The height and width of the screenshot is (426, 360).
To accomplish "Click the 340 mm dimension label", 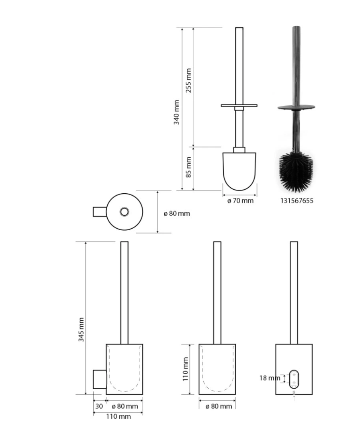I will click(176, 112).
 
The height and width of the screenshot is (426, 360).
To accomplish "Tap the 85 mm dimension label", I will click(188, 167).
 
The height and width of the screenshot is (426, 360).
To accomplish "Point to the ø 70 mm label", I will click(240, 200).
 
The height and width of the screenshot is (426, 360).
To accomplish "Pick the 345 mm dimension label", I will click(81, 329).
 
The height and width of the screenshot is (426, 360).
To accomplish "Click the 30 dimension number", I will click(99, 406).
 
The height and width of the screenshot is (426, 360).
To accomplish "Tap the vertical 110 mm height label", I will click(185, 369).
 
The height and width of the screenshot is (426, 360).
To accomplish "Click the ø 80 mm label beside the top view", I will click(177, 213).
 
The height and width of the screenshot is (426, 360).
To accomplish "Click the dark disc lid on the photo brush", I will click(296, 107).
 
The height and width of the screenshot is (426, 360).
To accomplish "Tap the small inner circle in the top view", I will click(124, 212).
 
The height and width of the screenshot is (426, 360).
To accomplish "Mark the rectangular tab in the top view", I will click(100, 212).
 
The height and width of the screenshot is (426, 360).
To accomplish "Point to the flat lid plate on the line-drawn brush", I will click(239, 105).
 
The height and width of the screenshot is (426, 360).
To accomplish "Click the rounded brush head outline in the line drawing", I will click(239, 171).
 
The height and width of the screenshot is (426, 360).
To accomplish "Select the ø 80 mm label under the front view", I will click(219, 406).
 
